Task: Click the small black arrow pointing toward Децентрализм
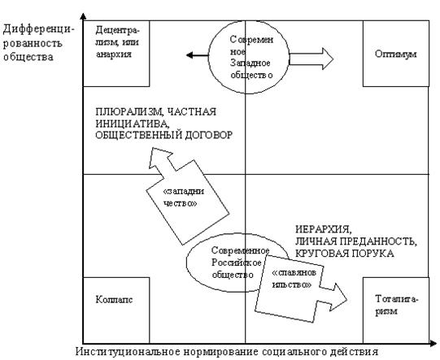pos(198,55)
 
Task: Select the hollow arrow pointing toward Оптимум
pos(311,59)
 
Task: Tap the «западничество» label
pos(184,197)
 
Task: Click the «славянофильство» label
pos(294,279)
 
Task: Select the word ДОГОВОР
pos(208,135)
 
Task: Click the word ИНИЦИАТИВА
pos(133,124)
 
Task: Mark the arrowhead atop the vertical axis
pos(83,16)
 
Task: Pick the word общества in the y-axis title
pos(28,57)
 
